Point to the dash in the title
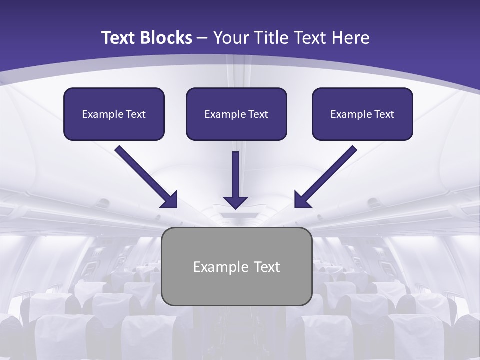pos(202,38)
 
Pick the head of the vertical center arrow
pos(235,202)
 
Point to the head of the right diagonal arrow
pos(301,200)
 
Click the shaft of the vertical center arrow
pos(235,172)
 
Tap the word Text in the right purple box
pos(384,114)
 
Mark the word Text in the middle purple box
pos(258,114)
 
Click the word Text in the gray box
pos(267,267)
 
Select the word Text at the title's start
pos(120,38)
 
